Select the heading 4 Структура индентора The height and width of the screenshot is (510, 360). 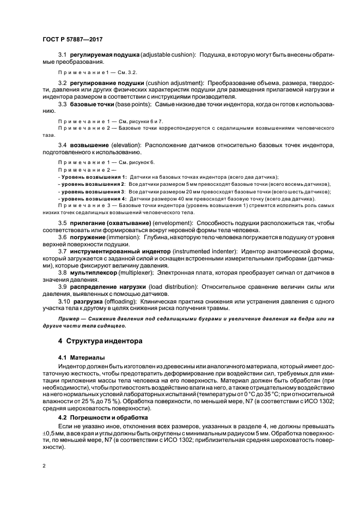[93, 342]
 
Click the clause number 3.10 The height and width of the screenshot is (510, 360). [64, 300]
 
